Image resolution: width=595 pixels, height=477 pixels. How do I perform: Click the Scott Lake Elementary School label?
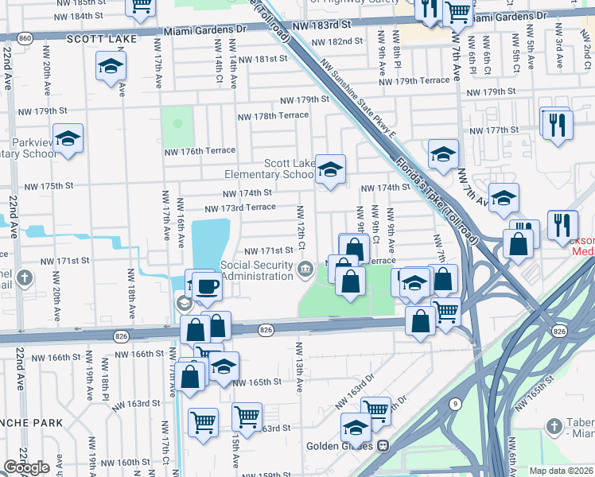click(x=269, y=169)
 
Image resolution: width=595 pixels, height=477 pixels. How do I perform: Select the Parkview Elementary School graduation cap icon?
click(x=68, y=139)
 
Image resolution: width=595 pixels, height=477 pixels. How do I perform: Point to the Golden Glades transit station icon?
click(x=383, y=446)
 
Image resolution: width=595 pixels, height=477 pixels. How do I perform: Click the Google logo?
click(x=26, y=467)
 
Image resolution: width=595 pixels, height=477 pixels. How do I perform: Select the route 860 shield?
click(x=25, y=37)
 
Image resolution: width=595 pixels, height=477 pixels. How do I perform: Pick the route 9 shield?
click(x=454, y=403)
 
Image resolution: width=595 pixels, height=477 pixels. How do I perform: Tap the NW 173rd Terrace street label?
click(x=240, y=207)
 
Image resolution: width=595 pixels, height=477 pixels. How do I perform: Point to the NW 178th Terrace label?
click(x=273, y=116)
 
